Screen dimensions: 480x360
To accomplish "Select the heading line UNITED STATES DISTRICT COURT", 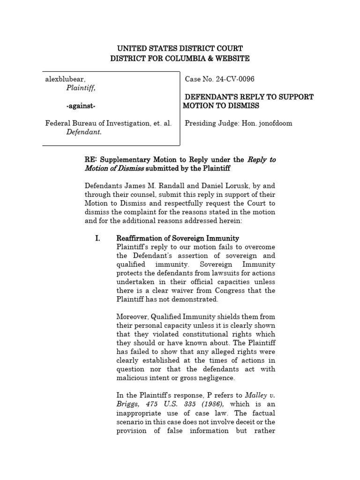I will point(180,49).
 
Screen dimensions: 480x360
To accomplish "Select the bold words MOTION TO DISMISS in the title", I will point(221,106).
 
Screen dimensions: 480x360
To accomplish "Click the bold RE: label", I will point(92,160).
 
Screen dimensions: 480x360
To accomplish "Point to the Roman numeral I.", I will point(97,239).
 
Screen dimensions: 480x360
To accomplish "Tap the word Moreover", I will point(135,317).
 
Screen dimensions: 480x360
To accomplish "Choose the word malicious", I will point(133,378).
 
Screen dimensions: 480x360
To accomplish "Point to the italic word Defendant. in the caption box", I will point(84,132).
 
